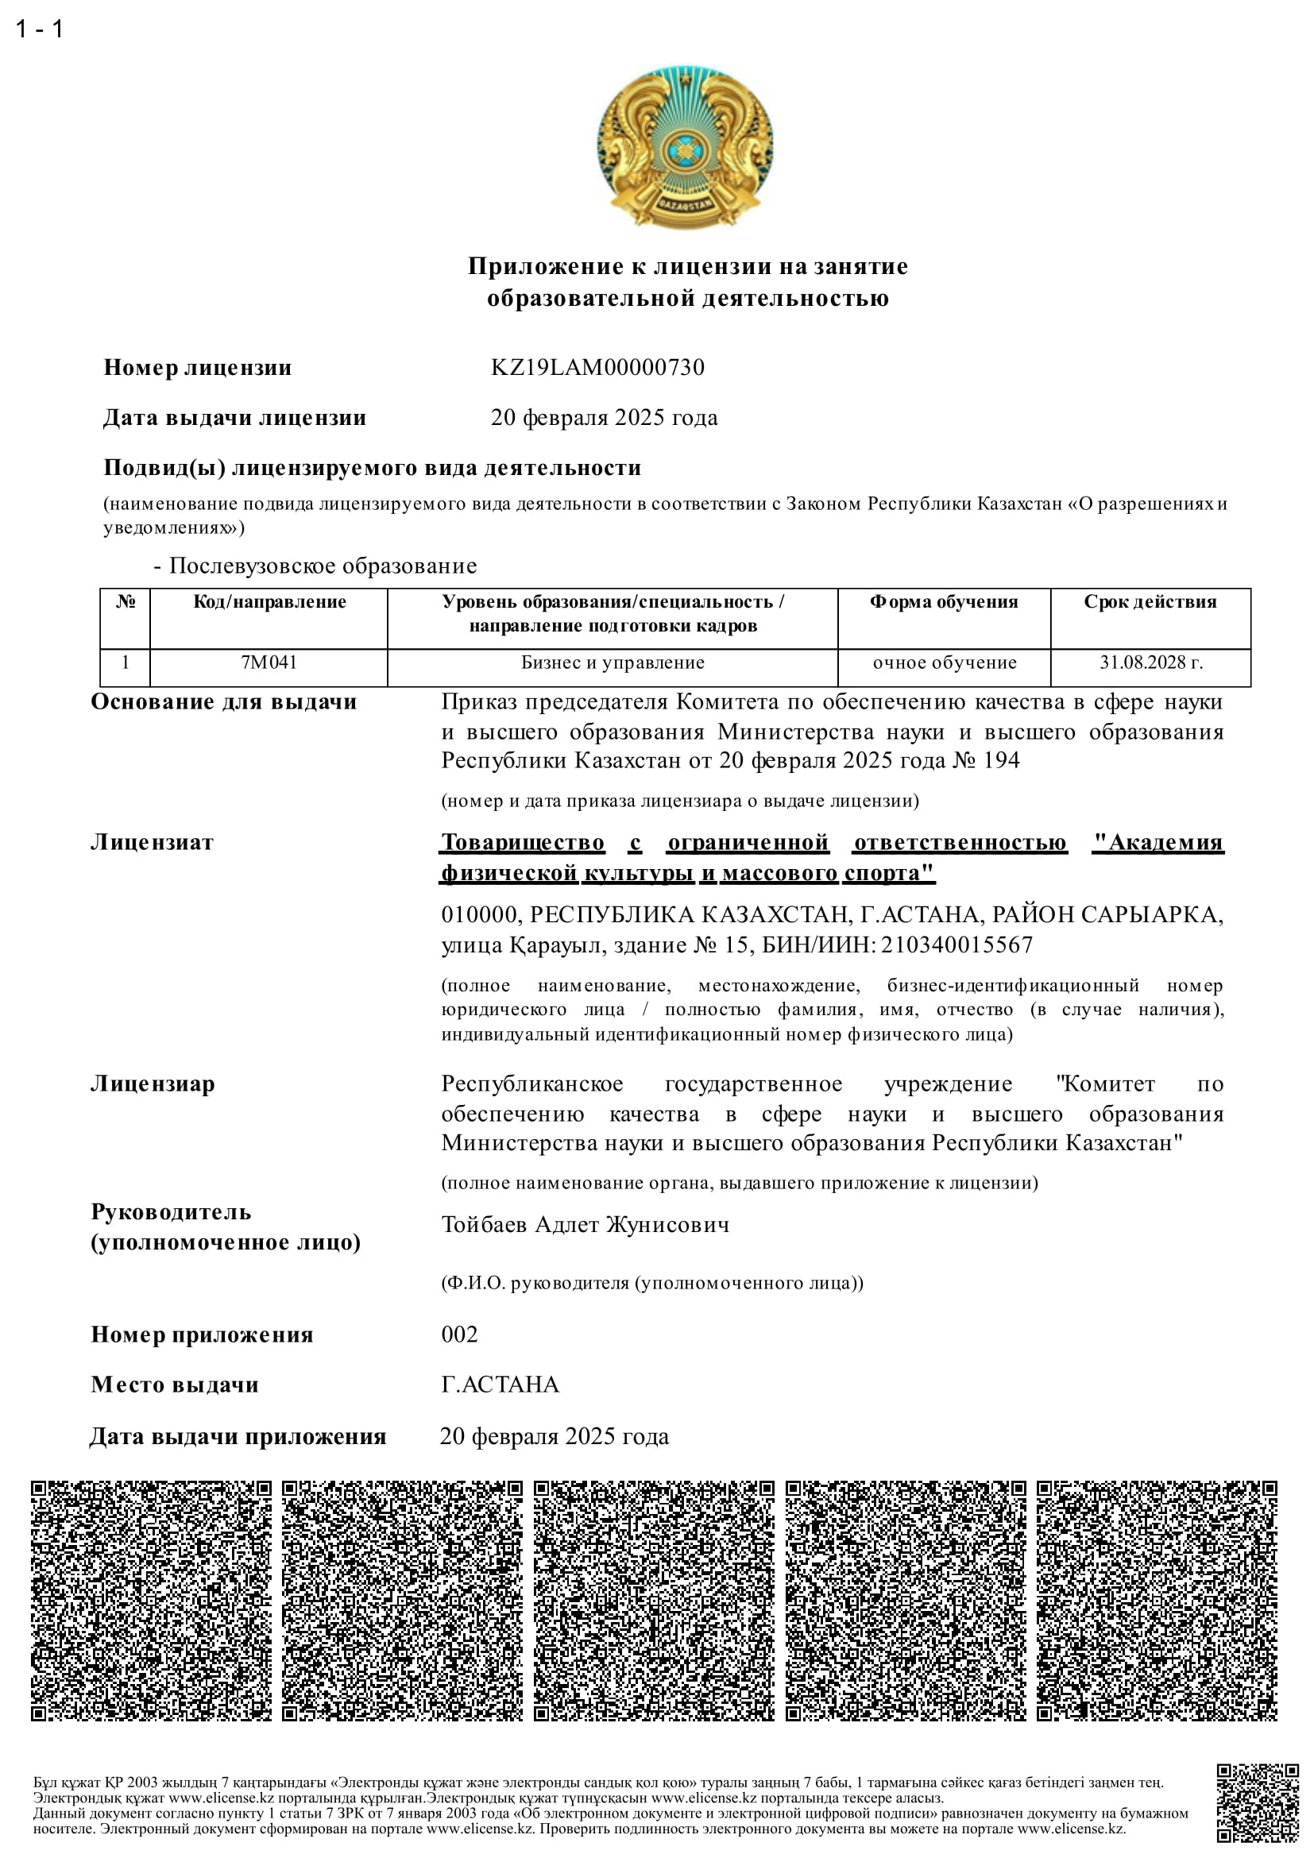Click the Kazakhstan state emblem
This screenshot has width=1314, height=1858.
coord(685,146)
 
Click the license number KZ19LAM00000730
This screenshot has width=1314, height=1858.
coord(597,368)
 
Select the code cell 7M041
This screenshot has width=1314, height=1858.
coord(269,662)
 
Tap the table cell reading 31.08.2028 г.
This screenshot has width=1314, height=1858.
coord(1150,662)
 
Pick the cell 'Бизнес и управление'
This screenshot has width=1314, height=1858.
coord(613,662)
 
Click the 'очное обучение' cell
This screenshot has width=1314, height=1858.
coord(945,662)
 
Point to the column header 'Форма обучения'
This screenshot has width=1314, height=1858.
coord(944,602)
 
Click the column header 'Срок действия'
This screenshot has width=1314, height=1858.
coord(1150,602)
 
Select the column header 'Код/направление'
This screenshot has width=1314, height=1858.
coord(269,602)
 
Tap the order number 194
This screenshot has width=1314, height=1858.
coord(1001,761)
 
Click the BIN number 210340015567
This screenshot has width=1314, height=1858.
coord(957,944)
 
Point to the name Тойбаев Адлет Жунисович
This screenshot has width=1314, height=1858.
coord(585,1224)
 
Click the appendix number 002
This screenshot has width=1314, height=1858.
coord(459,1335)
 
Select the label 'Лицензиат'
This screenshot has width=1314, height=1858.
coord(152,842)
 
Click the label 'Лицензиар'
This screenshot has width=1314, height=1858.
coord(153,1084)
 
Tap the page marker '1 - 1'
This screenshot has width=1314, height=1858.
coord(39,29)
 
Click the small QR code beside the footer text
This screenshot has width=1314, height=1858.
coord(1257,1803)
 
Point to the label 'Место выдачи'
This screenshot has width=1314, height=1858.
coord(175,1385)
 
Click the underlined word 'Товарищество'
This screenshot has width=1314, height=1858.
coord(523,842)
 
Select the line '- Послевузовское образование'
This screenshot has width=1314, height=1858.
coord(315,566)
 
